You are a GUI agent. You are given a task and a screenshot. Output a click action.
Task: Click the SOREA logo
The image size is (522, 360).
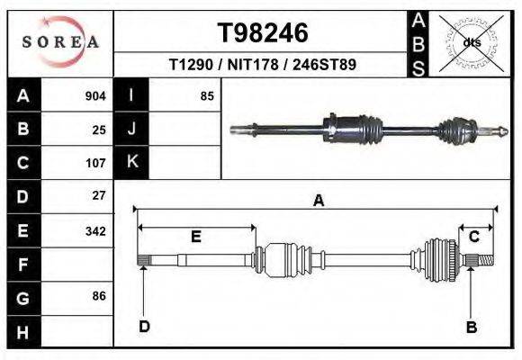[59, 42]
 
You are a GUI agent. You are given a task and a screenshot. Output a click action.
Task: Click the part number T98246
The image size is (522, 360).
[263, 33]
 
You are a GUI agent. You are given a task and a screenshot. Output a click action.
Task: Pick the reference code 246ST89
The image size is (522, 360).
[325, 66]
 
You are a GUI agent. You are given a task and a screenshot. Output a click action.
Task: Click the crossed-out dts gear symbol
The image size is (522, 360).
[471, 42]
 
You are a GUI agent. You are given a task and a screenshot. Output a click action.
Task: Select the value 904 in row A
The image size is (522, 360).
[95, 95]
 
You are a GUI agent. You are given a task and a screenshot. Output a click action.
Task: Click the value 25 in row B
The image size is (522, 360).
[99, 130]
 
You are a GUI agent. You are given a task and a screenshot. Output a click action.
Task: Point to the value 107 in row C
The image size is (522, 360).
[95, 164]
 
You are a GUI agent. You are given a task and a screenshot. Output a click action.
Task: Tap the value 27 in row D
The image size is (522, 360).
[99, 195]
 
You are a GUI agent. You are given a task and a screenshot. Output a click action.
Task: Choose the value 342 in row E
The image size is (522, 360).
[95, 231]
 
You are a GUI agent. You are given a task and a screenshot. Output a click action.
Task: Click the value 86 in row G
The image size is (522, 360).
[99, 296]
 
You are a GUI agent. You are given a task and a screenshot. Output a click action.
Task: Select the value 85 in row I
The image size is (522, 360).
[207, 95]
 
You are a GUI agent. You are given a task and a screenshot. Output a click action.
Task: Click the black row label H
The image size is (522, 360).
[22, 332]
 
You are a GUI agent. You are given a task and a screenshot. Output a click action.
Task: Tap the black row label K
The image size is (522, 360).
[131, 162]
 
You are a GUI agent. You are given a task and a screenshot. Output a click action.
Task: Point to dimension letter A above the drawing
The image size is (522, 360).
[318, 202]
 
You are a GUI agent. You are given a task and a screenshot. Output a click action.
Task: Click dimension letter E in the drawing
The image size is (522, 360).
[195, 237]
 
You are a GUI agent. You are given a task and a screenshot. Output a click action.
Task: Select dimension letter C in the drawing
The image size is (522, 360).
[473, 236]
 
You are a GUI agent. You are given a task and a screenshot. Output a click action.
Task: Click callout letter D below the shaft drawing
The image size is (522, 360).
[144, 327]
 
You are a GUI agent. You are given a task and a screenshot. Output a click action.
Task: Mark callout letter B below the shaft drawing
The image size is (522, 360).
[470, 327]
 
